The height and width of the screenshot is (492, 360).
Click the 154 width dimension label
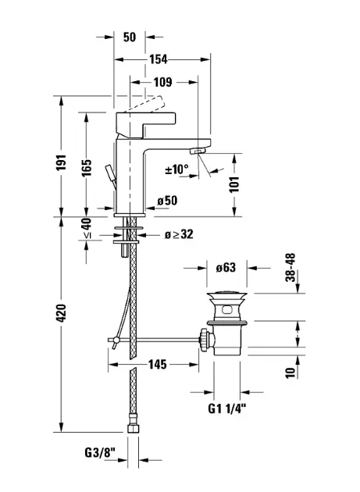(x=159, y=59)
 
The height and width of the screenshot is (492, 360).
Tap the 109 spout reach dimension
(x=163, y=82)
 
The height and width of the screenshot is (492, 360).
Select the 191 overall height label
(x=61, y=162)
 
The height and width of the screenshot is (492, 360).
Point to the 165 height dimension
(x=87, y=168)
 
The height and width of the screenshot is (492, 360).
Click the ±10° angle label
(x=177, y=169)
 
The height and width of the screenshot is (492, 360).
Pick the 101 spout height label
(x=234, y=184)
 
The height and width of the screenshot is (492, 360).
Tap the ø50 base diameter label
(x=167, y=201)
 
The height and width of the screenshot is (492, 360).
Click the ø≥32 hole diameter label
(x=179, y=234)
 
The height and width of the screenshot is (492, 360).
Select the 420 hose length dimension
(x=61, y=312)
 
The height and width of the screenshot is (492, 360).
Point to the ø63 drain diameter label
(x=226, y=268)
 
